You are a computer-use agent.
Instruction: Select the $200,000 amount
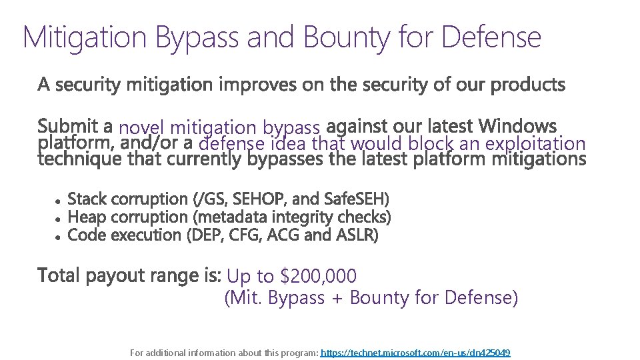pyautogui.click(x=319, y=276)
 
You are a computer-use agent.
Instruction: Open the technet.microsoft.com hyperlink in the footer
pyautogui.click(x=415, y=353)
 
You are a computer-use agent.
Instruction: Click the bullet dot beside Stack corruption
pyautogui.click(x=59, y=200)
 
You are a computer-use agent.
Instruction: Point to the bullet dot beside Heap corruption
pyautogui.click(x=59, y=218)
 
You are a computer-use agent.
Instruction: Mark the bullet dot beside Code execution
pyautogui.click(x=59, y=236)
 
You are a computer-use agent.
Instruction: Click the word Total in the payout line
pyautogui.click(x=57, y=275)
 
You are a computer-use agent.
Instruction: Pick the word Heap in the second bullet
pyautogui.click(x=87, y=217)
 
